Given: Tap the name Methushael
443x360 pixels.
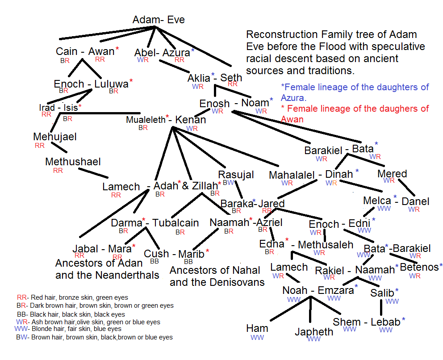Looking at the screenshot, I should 73,162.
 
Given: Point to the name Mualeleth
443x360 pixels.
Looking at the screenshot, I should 145,120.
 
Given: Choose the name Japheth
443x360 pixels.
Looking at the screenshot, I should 314,331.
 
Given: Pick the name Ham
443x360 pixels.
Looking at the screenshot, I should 257,328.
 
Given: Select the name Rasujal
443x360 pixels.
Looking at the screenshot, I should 236,175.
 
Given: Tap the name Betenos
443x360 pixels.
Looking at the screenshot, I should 419,268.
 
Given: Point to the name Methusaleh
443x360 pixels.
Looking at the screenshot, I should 326,245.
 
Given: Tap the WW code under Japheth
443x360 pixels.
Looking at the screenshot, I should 314,339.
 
